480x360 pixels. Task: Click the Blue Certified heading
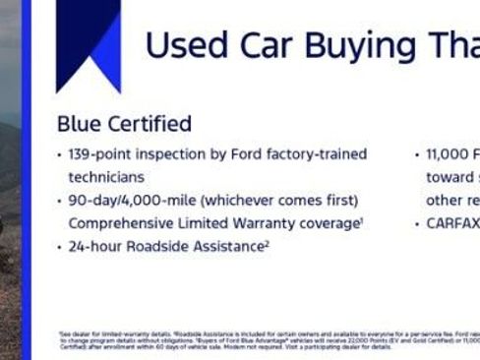click(x=124, y=124)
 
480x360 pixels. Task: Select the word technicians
click(x=105, y=177)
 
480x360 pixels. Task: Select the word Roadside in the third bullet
click(x=159, y=246)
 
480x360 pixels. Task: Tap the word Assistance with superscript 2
click(x=231, y=246)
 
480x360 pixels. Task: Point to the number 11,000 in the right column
click(x=446, y=154)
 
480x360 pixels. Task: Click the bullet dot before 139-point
click(x=60, y=155)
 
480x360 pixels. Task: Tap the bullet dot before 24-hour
click(x=60, y=247)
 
